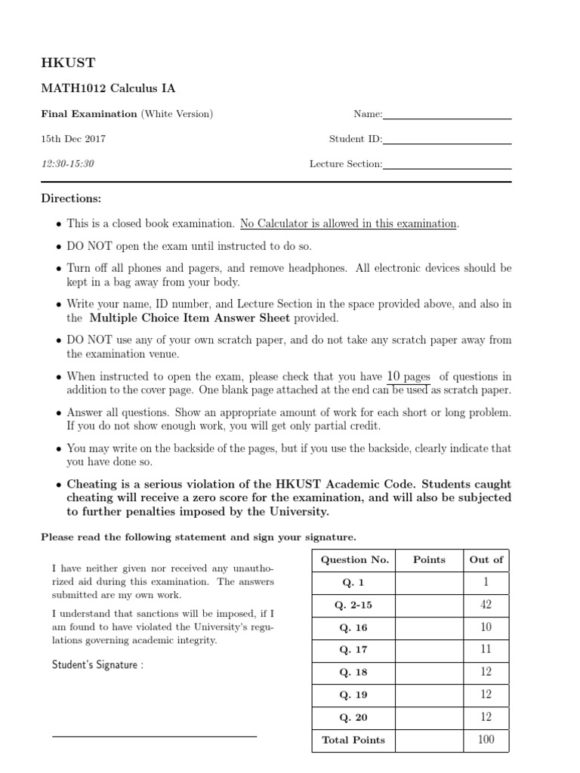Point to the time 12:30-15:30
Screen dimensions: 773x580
coord(67,164)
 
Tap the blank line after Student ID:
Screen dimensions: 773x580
coord(447,143)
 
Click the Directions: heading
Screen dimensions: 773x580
coord(70,199)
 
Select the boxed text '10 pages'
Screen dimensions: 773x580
coord(408,377)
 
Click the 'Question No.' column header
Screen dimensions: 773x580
coord(355,560)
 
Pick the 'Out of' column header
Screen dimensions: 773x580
coord(486,560)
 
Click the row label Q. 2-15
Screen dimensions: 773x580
coord(355,605)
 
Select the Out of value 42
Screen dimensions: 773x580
coord(486,605)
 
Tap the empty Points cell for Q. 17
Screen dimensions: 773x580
coord(429,649)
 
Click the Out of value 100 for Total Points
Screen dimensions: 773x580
coord(486,740)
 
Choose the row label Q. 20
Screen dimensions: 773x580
coord(355,717)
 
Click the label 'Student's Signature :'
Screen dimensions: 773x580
coord(97,665)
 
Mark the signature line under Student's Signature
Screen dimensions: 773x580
coord(154,735)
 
